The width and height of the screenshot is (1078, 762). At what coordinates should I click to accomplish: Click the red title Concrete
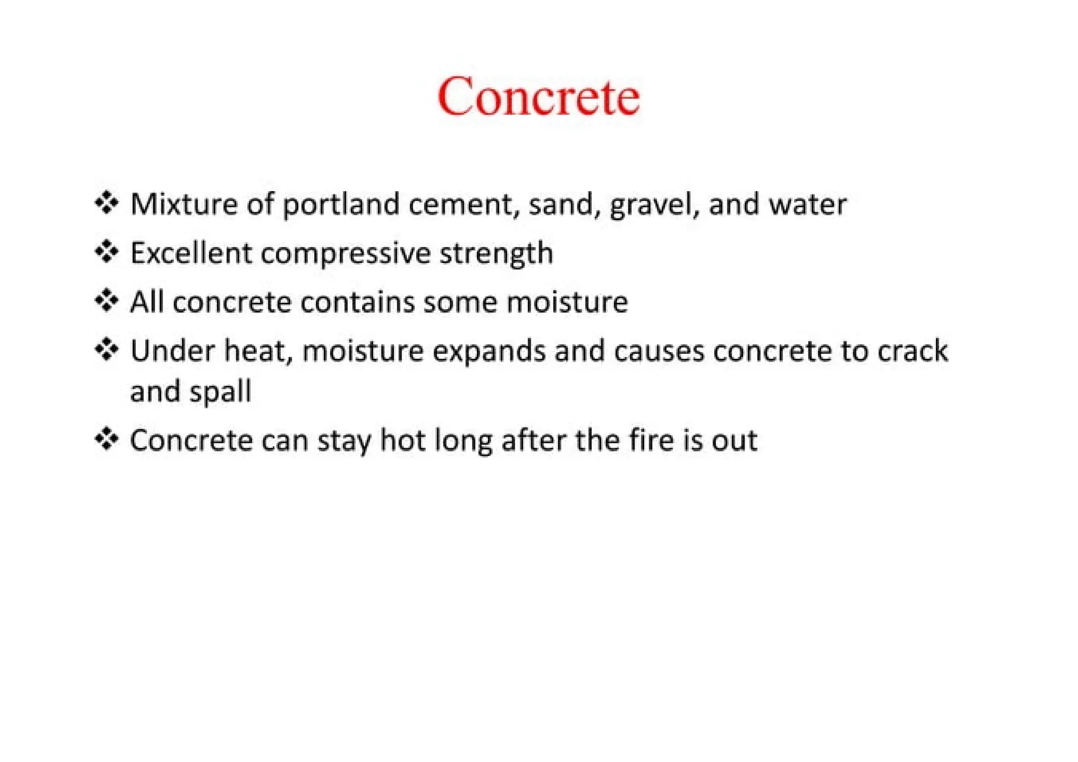coord(538,96)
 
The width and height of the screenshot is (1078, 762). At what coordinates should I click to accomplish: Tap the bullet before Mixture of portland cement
coord(106,203)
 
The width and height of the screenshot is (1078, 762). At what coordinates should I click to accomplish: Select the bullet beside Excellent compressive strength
coord(106,252)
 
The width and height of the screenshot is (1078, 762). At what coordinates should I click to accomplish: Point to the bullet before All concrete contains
coord(106,301)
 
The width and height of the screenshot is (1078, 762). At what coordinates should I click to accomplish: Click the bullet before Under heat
coord(106,350)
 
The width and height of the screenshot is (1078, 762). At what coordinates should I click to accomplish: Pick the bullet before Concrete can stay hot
coord(106,439)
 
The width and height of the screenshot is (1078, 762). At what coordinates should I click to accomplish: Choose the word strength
coord(496,254)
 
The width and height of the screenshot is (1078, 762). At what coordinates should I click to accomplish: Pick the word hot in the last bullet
coord(403,440)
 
